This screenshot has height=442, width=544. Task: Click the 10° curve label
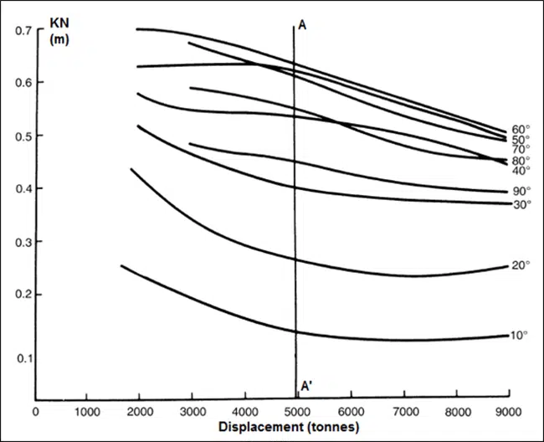click(x=519, y=335)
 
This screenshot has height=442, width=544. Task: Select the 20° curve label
click(x=519, y=265)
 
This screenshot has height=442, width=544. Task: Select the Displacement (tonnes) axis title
click(x=288, y=427)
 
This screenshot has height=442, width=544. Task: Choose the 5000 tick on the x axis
click(x=297, y=411)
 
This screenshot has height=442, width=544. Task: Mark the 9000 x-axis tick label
click(x=508, y=411)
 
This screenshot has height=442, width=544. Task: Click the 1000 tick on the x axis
click(x=87, y=411)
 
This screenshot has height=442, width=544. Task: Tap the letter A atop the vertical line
click(x=302, y=26)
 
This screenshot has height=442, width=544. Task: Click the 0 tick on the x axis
click(x=35, y=411)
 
